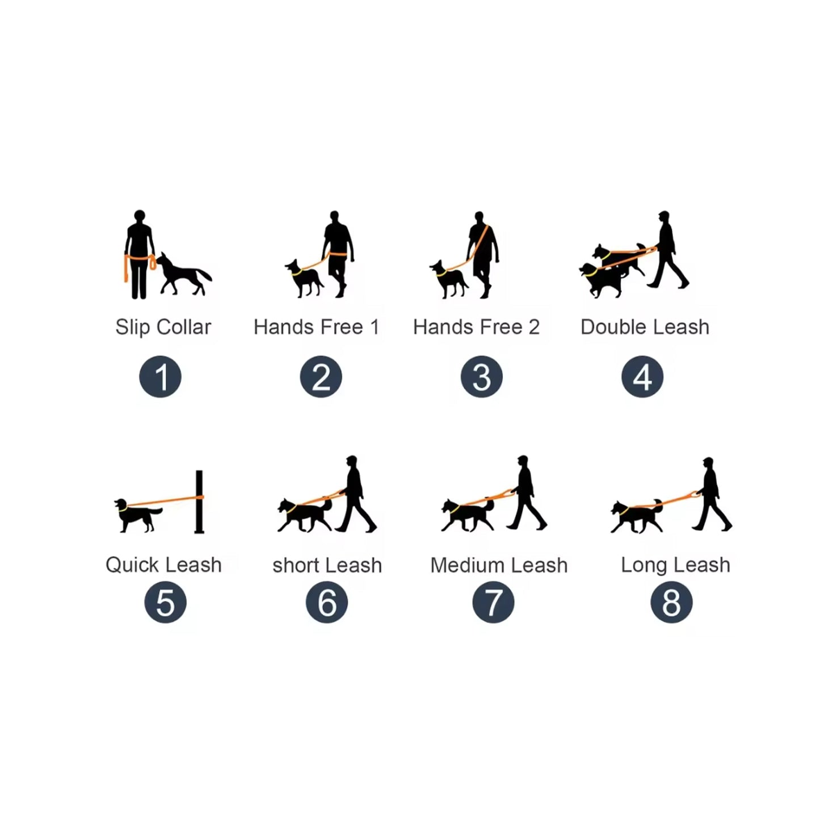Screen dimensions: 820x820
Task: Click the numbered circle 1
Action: pos(160,377)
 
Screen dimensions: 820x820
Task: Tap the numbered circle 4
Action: pos(642,377)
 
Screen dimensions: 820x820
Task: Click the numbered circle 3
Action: pos(481,377)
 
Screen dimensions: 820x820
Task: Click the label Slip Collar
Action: pos(163,327)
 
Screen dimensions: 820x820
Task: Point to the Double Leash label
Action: pos(645,327)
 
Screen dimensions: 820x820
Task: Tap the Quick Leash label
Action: pos(164,565)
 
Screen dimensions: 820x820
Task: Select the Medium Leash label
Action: pos(499,566)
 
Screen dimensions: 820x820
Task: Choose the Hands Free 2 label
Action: pos(476,327)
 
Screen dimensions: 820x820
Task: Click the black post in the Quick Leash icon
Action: pos(199,502)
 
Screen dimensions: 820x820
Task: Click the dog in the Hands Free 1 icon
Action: pos(303,279)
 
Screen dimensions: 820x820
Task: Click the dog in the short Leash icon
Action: pos(304,515)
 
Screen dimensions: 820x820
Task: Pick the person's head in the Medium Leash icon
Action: pos(523,462)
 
